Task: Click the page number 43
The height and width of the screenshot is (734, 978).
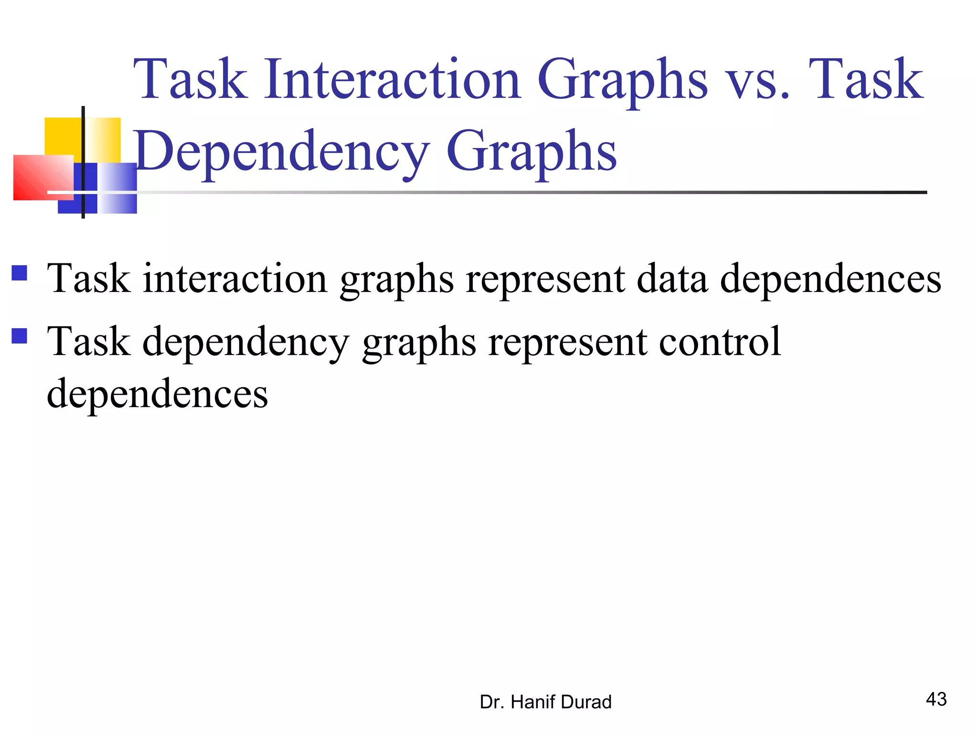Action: (936, 699)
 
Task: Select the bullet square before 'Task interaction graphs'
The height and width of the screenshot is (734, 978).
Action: (20, 273)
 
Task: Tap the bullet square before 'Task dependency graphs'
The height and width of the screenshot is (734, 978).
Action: (20, 336)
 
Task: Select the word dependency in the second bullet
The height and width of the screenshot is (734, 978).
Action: (246, 343)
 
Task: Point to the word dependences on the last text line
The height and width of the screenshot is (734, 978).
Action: (158, 394)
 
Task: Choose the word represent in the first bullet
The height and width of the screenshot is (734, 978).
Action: (545, 280)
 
